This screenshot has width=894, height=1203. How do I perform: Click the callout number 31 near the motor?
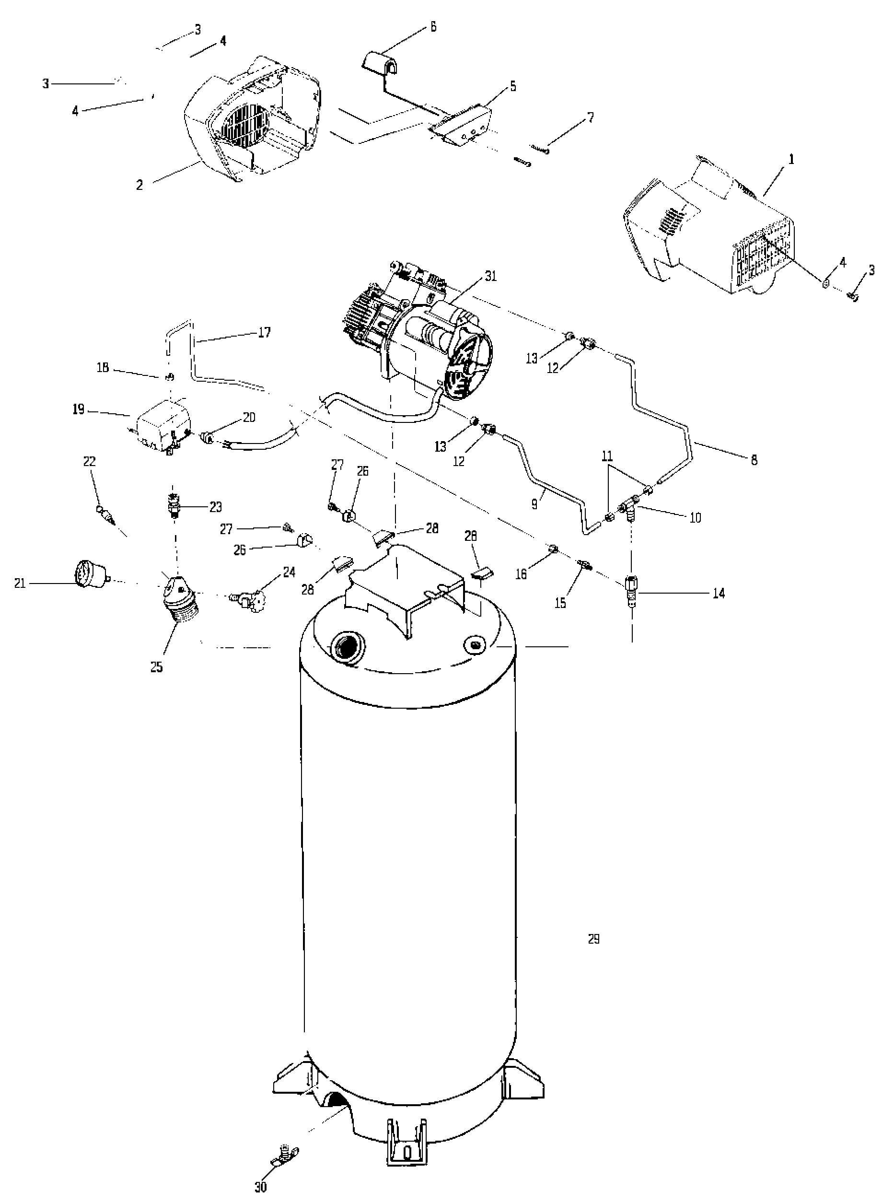click(490, 276)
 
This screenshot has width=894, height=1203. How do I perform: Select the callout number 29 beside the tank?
click(593, 939)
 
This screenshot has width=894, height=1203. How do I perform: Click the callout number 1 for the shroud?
click(791, 160)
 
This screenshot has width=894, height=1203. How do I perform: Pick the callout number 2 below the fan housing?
click(139, 185)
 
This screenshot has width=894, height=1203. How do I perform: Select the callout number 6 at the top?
click(433, 26)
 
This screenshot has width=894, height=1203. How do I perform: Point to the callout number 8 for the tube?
click(754, 460)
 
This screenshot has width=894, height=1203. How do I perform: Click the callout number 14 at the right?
click(718, 594)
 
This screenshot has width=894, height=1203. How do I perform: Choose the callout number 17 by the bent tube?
click(264, 332)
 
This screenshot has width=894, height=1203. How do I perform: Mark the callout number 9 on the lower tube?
click(534, 504)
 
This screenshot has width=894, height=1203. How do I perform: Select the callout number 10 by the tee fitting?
click(696, 518)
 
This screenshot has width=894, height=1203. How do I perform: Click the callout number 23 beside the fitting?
click(215, 507)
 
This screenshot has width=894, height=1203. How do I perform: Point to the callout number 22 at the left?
click(89, 462)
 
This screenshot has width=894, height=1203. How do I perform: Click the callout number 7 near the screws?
click(591, 117)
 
